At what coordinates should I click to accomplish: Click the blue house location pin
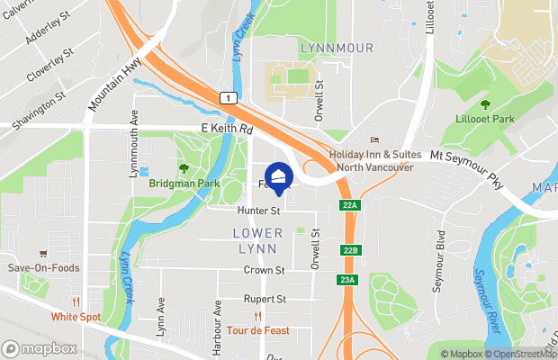click(x=279, y=176)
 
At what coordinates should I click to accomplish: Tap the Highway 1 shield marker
click(x=231, y=98)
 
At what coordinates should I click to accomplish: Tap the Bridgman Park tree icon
click(x=184, y=167)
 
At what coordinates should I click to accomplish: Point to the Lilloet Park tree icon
click(x=486, y=104)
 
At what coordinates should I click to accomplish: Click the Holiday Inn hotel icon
click(x=375, y=140)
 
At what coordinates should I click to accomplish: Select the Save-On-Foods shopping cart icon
click(x=43, y=254)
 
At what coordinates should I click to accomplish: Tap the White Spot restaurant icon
click(x=77, y=301)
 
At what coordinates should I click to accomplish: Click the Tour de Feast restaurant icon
click(x=258, y=316)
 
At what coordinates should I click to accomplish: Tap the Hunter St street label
click(x=259, y=211)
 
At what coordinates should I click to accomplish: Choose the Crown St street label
click(x=264, y=270)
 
